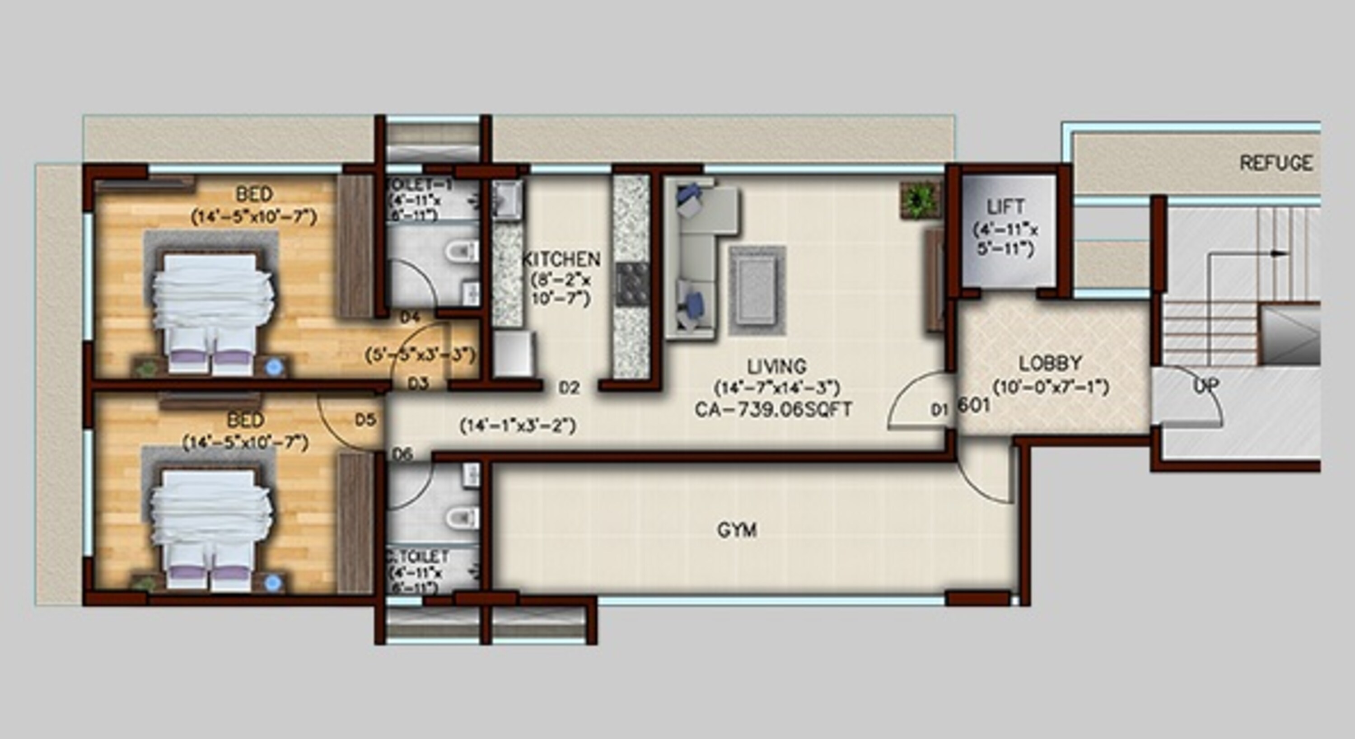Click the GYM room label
click(737, 530)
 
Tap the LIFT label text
click(1005, 207)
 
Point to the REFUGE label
click(1276, 163)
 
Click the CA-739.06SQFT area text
click(773, 410)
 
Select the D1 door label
click(939, 410)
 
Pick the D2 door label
click(569, 388)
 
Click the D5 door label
click(365, 420)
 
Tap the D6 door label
click(402, 454)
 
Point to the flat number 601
click(974, 406)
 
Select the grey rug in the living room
click(757, 290)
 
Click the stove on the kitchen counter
click(632, 285)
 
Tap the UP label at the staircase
click(1205, 386)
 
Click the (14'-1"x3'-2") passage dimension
click(518, 426)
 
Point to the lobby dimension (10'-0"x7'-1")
click(1051, 387)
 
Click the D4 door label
click(410, 317)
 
